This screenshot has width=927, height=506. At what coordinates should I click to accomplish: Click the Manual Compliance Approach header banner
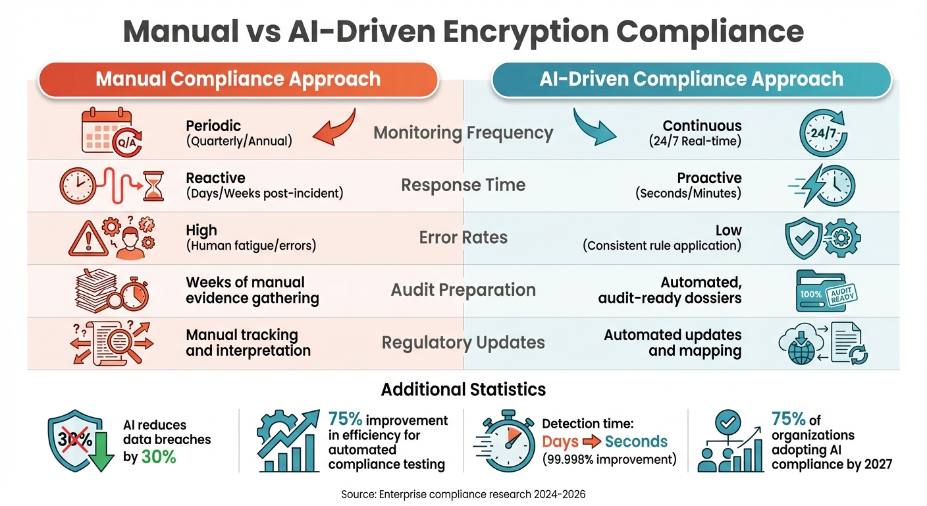(238, 80)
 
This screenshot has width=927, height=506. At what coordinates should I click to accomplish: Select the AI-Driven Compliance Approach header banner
(691, 80)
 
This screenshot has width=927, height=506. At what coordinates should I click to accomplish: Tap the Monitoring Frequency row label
(463, 133)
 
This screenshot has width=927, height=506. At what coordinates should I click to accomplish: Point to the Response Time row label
(463, 185)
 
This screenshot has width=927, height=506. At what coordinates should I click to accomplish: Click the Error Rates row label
(463, 237)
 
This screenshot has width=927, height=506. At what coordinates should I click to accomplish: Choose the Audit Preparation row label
(463, 290)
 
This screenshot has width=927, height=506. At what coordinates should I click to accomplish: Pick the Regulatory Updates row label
(463, 343)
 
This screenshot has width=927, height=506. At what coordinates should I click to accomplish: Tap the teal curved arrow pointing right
(593, 126)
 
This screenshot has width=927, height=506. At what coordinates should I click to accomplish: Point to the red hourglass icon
(154, 186)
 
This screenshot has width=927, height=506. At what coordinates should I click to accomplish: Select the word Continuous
(702, 126)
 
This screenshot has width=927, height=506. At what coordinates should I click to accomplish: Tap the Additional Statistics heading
(463, 389)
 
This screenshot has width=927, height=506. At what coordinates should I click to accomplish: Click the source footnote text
(463, 493)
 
